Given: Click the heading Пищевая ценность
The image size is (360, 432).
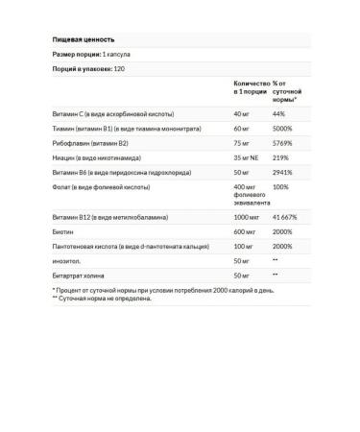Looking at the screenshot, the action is click(83, 39).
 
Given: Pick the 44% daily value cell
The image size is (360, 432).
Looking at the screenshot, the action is click(279, 116).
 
